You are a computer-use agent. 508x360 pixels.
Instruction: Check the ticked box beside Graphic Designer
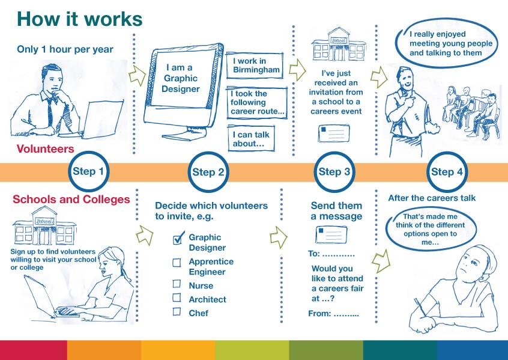click(x=178, y=239)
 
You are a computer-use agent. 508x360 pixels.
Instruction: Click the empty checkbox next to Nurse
click(x=177, y=284)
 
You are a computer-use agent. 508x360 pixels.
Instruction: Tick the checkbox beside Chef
click(x=177, y=311)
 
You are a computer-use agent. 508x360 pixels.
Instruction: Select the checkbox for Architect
click(x=177, y=297)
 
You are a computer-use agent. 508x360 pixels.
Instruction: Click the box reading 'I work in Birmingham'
click(x=255, y=65)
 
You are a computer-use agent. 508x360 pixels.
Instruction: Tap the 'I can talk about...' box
click(x=251, y=138)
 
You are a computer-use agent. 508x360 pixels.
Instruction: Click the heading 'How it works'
click(x=80, y=19)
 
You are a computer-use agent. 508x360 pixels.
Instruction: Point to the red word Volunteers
click(x=46, y=149)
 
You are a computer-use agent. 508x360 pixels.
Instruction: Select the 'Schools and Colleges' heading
click(x=71, y=199)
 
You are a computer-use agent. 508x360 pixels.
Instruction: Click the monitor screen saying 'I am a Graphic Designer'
click(x=180, y=78)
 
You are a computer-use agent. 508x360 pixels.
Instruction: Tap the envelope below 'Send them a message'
click(x=331, y=234)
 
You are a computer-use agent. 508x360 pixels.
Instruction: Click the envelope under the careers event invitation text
click(x=334, y=133)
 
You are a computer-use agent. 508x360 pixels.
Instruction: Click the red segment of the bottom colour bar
click(x=34, y=350)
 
